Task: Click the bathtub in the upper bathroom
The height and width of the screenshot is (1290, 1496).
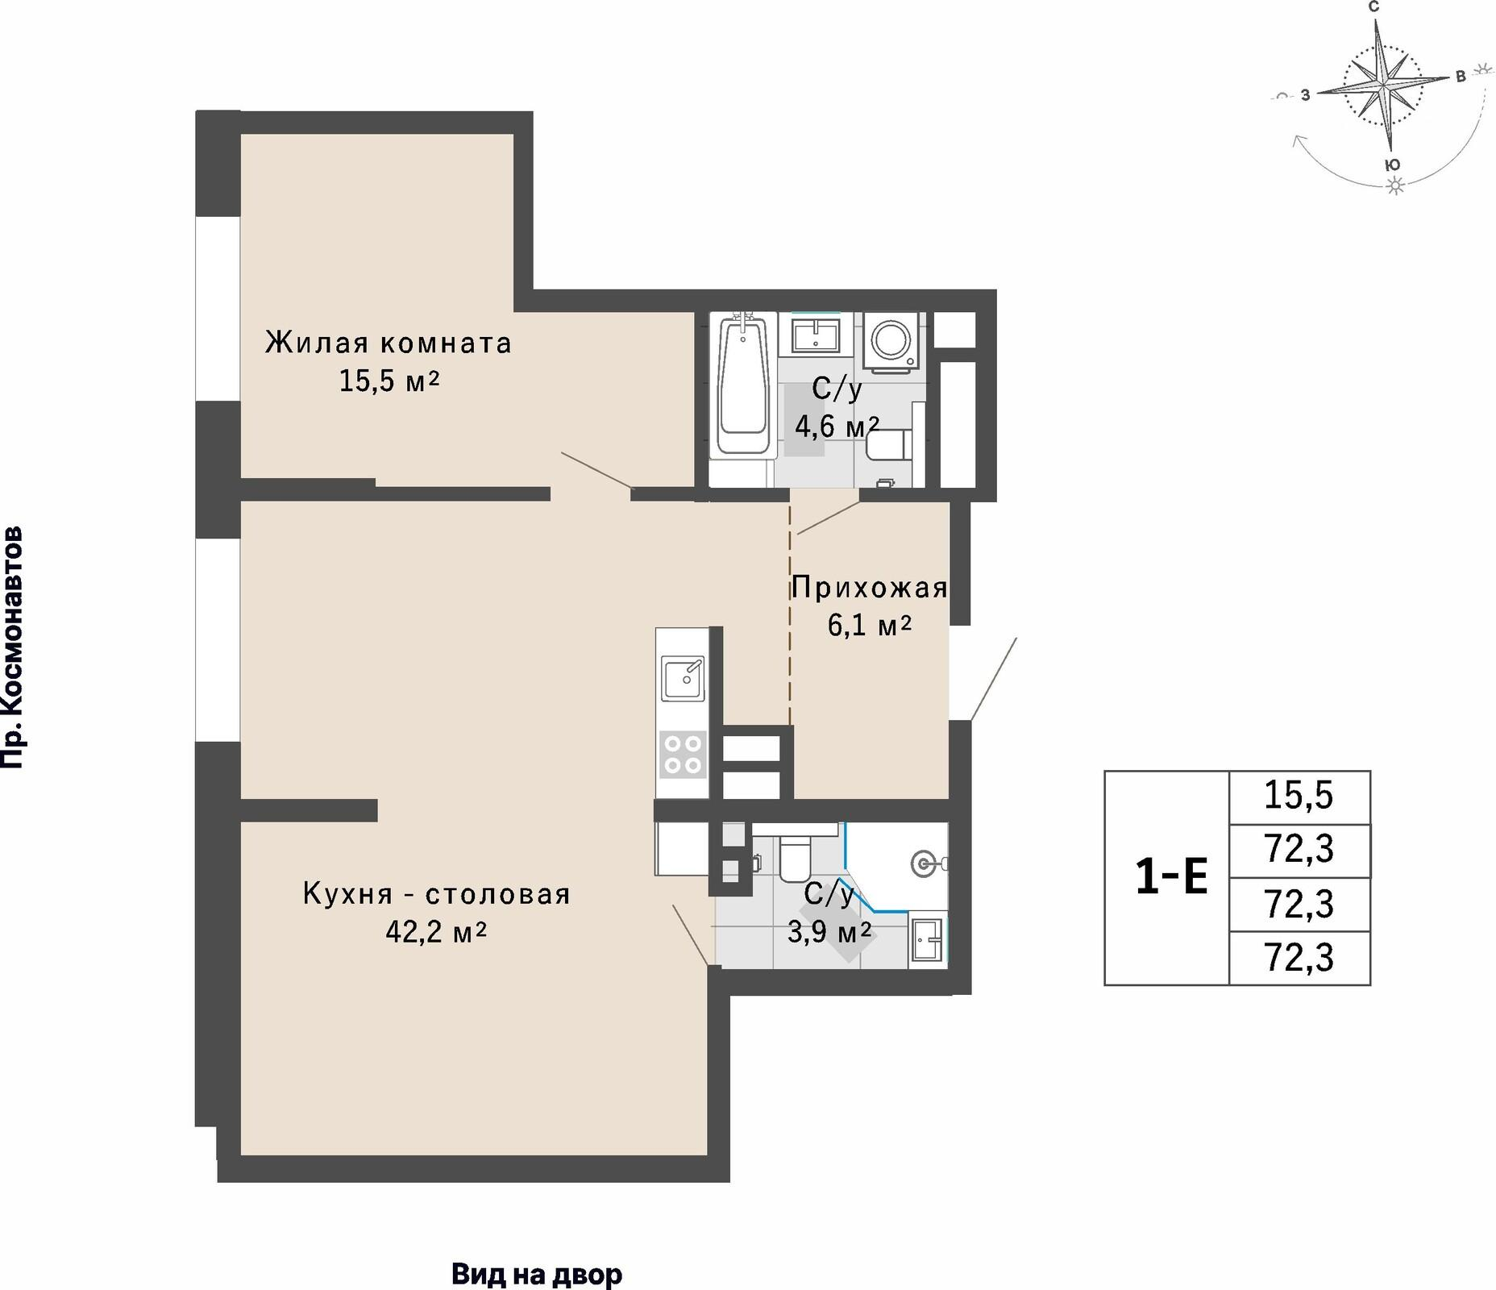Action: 742,386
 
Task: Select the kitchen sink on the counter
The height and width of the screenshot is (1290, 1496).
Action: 683,678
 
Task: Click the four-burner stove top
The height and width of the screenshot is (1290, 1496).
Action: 683,755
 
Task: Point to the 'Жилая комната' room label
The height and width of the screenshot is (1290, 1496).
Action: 389,343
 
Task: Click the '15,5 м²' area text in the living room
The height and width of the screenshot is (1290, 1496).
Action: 389,381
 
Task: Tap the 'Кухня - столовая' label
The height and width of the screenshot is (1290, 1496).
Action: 437,894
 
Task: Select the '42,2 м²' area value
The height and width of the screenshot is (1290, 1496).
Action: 436,932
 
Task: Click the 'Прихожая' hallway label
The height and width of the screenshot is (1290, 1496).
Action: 870,589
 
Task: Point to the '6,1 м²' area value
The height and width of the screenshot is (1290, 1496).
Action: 870,625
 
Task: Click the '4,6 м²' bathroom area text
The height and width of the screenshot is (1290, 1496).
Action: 837,426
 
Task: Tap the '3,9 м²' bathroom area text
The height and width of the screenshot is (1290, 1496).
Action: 829,933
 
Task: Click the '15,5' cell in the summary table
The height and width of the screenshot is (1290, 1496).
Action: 1299,796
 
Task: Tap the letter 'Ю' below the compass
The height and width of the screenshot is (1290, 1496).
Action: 1392,164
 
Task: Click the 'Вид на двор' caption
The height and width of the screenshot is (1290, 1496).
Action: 537,1275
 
